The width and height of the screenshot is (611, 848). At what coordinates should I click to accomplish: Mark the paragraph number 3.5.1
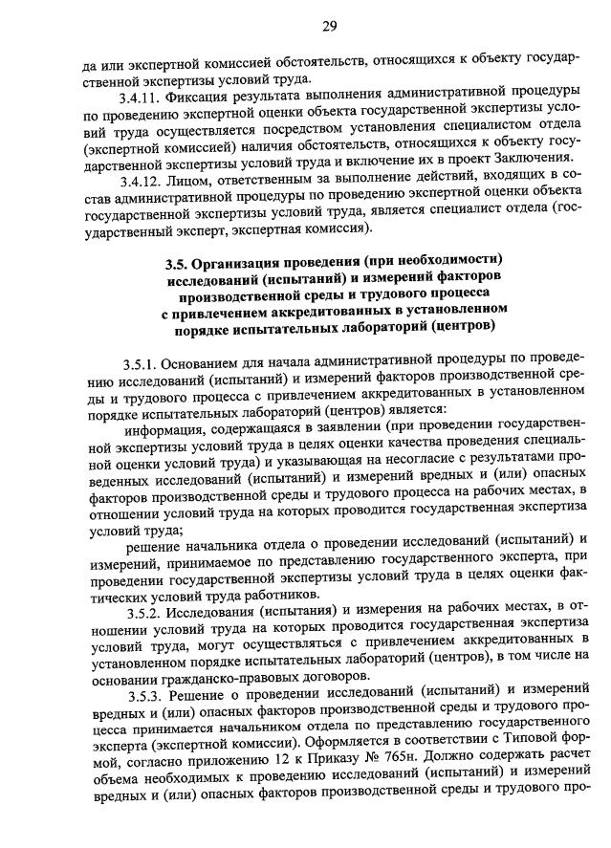(140, 364)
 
